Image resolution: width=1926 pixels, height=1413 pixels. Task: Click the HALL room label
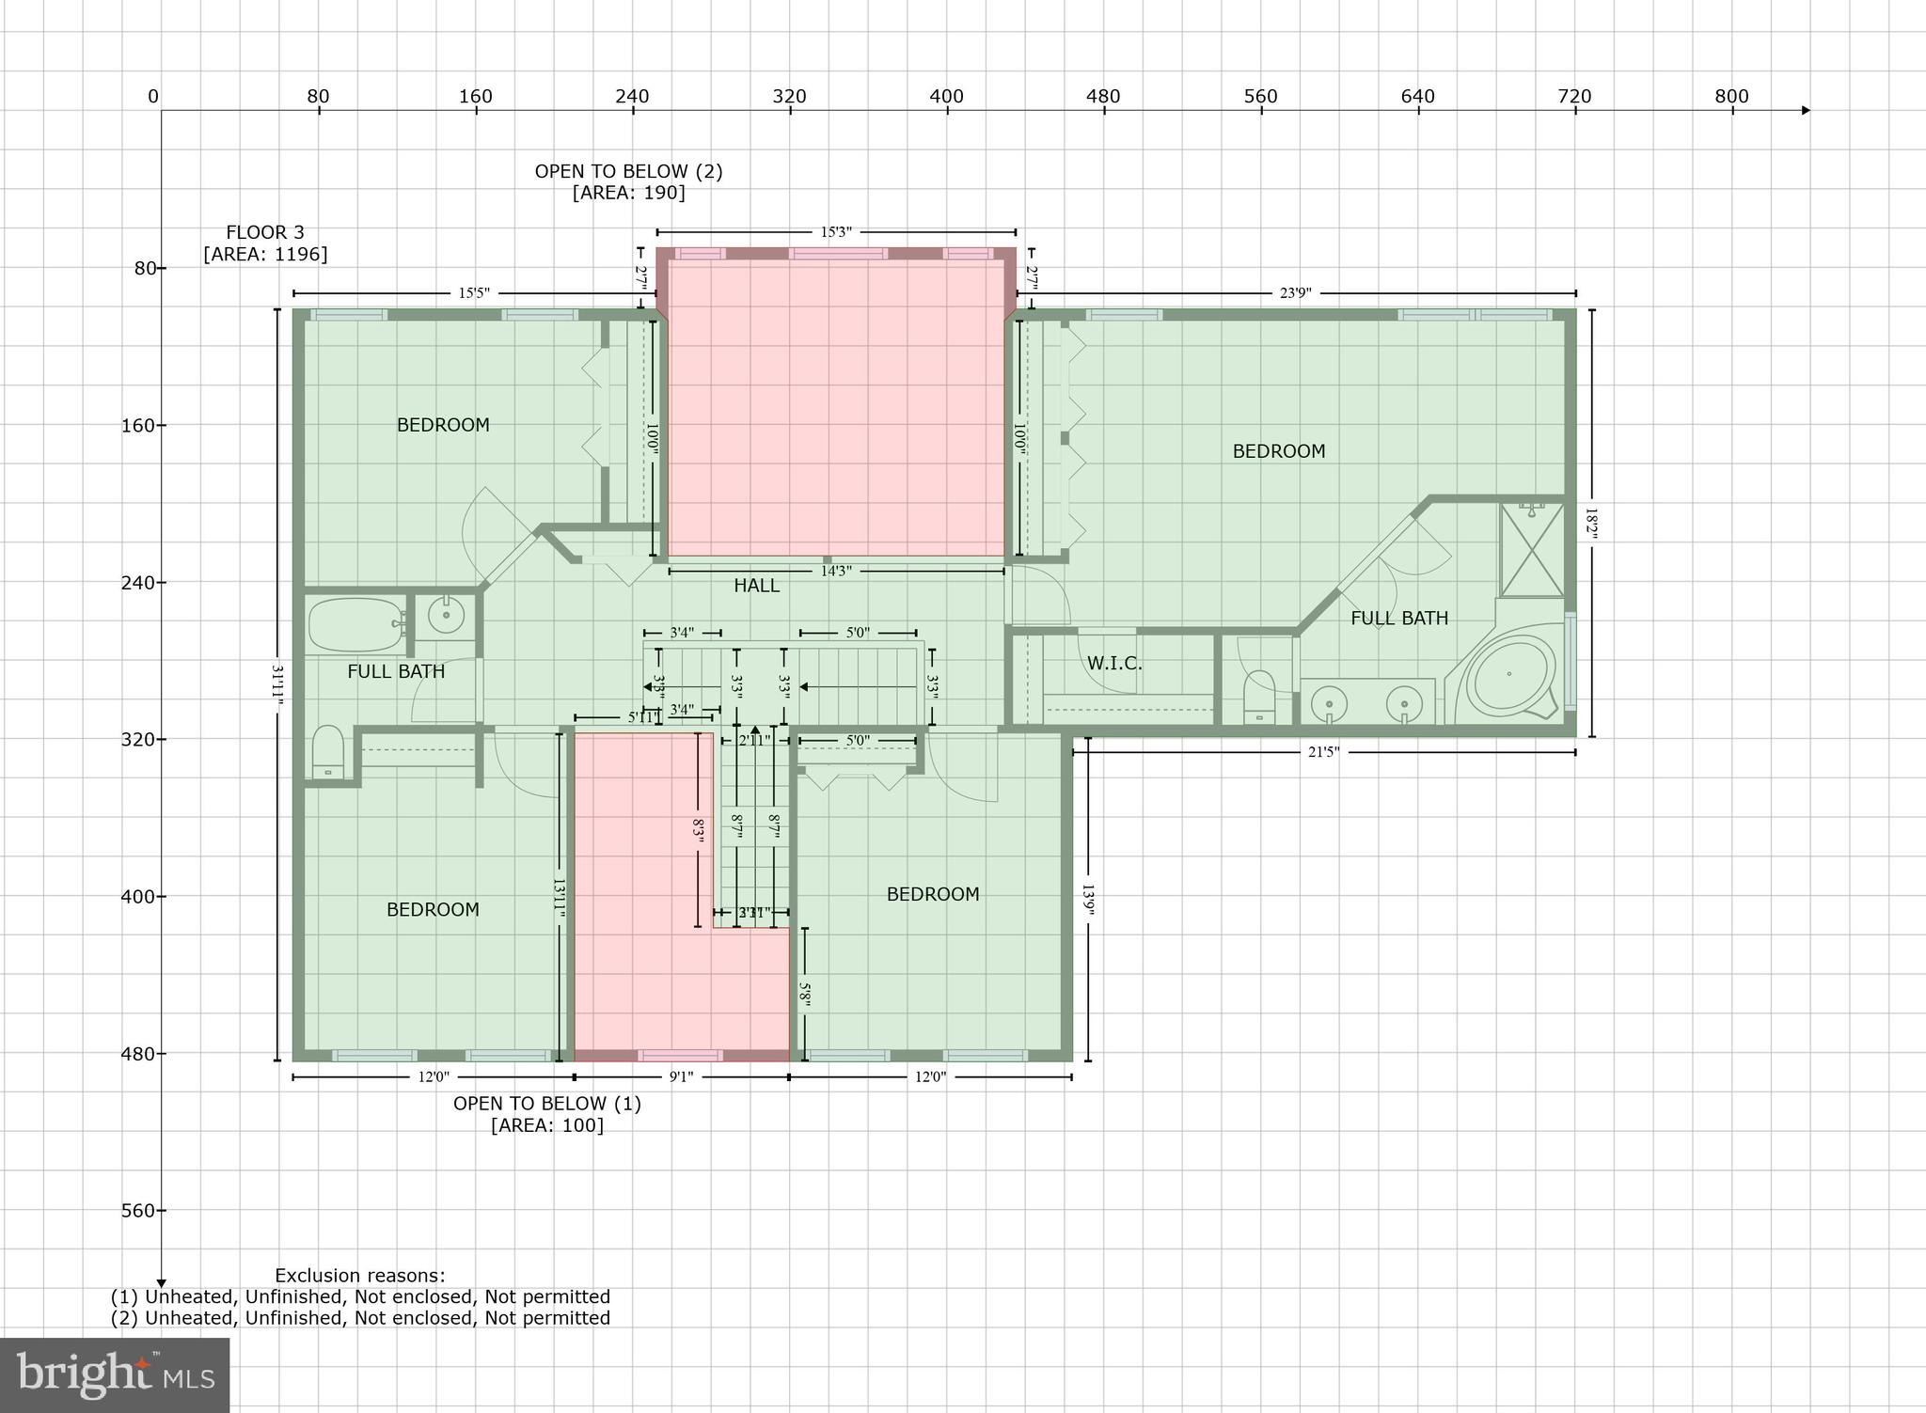coord(756,586)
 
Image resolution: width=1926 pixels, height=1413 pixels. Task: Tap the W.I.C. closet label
coord(1114,664)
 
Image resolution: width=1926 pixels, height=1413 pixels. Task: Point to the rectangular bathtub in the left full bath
coord(355,625)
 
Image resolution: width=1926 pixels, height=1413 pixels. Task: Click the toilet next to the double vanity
coord(1259,698)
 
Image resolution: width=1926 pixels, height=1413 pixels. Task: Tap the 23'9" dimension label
coord(1295,293)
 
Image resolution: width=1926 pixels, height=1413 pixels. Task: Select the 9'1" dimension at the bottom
coord(681,1077)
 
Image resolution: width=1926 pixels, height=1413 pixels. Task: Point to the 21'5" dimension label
coord(1322,752)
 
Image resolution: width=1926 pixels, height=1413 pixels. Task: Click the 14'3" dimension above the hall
coord(836,571)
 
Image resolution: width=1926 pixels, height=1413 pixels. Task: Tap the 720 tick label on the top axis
coord(1574,97)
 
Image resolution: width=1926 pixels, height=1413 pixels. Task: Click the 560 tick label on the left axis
coord(137,1211)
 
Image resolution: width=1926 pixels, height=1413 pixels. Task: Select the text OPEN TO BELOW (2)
coord(628,171)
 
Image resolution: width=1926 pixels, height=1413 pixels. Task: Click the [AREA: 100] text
coord(546,1125)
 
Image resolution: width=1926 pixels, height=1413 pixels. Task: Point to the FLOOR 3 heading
coord(264,232)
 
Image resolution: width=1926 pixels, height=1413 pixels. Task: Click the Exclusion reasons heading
coord(360,1276)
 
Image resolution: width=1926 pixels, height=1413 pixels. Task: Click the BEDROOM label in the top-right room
coord(1278,451)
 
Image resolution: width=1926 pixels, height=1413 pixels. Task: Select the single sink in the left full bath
coord(446,616)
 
